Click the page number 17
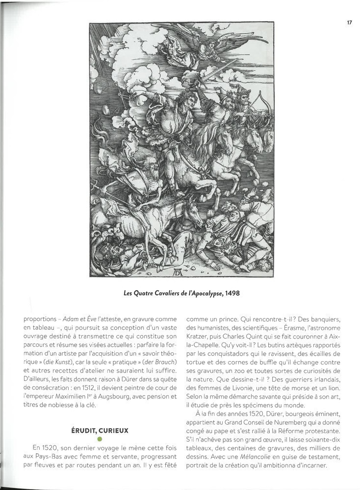pos(349,22)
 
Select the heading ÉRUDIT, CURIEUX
pos(99,431)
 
